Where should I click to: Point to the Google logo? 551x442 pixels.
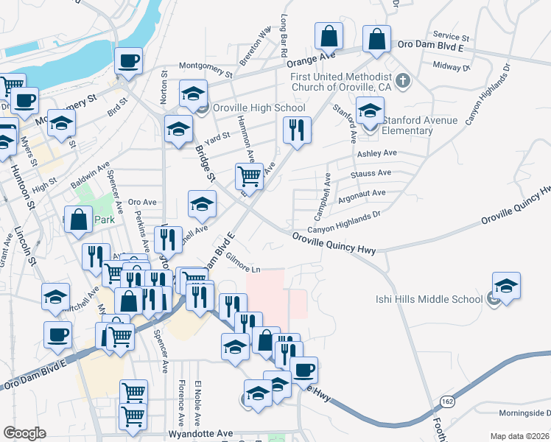(x=24, y=433)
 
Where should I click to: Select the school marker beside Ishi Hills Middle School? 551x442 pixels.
(x=506, y=286)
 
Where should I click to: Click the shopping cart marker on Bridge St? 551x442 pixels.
(x=250, y=177)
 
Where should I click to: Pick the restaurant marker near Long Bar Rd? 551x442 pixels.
(x=297, y=130)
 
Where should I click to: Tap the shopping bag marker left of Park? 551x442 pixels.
(x=79, y=220)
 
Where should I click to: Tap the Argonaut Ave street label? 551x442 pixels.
(x=362, y=194)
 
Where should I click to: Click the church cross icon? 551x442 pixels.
(x=402, y=80)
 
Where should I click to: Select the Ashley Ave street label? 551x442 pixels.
(x=376, y=153)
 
